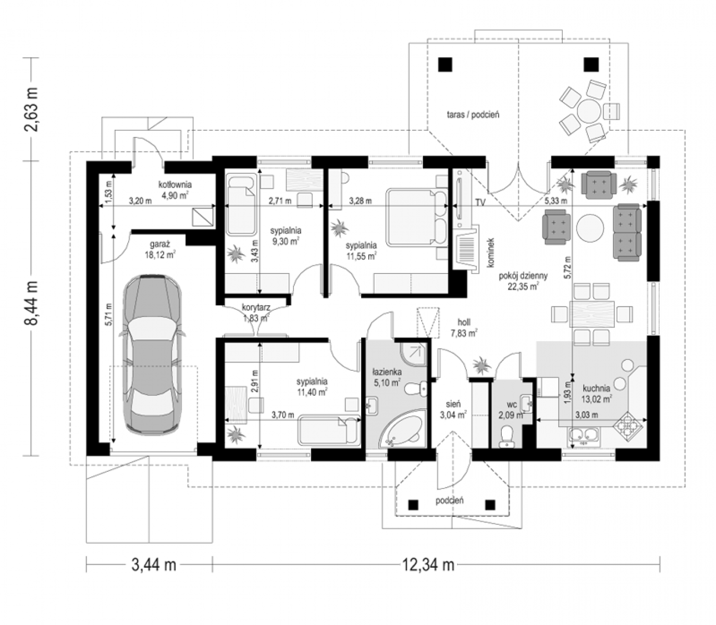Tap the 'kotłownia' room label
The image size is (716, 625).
point(175,184)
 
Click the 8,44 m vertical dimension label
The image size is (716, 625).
point(31,303)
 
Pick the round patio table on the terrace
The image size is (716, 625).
point(589,111)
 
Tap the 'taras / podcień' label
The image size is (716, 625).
point(473,115)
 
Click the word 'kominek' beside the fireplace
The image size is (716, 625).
point(491,253)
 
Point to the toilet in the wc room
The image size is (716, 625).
point(507,437)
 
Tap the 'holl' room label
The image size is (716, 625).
point(464,322)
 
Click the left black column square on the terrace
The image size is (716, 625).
point(445,65)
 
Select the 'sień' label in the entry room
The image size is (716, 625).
point(453,404)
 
